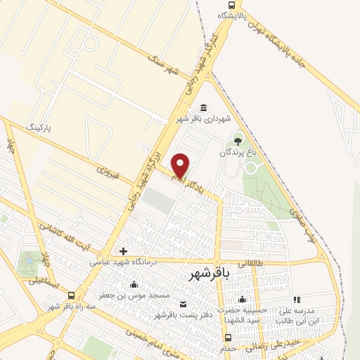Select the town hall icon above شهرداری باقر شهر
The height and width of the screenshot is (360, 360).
point(203,108)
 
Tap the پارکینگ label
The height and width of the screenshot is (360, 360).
point(39,129)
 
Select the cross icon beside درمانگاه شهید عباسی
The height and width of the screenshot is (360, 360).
point(123,250)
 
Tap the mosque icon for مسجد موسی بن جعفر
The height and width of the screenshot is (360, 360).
point(134,284)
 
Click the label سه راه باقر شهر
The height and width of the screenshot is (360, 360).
point(70,307)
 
